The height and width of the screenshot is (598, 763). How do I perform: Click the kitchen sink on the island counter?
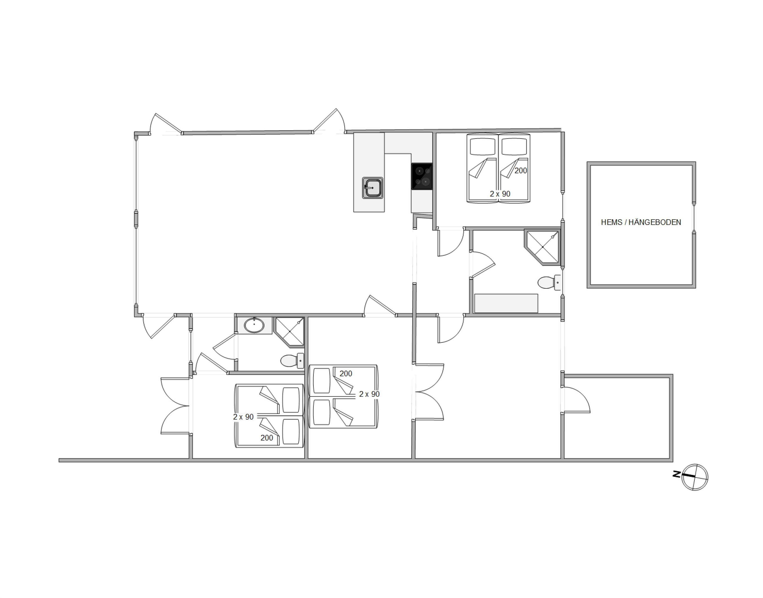[372, 188]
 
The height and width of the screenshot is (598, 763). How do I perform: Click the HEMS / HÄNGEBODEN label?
[641, 222]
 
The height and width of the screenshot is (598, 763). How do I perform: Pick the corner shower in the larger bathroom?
[542, 247]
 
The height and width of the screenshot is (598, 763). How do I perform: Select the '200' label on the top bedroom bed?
[521, 171]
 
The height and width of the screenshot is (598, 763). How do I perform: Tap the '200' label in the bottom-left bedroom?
[267, 438]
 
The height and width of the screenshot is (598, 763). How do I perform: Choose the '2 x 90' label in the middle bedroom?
[369, 394]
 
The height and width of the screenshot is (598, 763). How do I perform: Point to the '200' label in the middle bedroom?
[346, 374]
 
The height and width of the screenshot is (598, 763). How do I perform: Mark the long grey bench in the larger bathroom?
[506, 303]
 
